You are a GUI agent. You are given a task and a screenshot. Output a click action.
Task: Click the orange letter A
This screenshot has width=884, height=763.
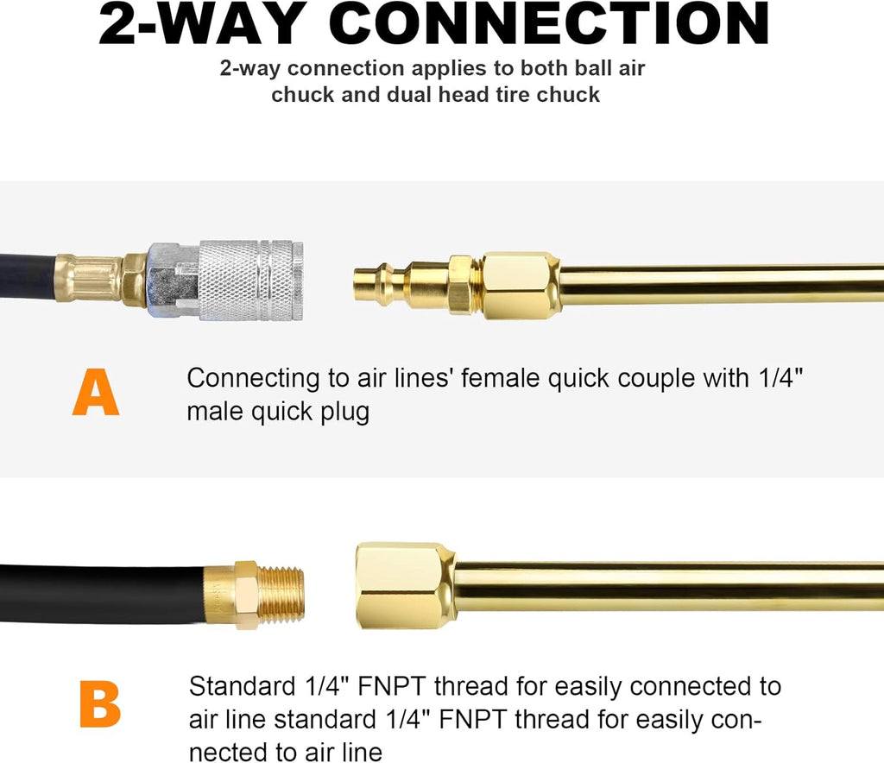(x=95, y=394)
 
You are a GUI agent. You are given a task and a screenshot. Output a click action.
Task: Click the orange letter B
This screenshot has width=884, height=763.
(x=99, y=704)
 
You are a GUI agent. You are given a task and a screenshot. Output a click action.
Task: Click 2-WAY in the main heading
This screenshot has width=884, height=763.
(x=203, y=26)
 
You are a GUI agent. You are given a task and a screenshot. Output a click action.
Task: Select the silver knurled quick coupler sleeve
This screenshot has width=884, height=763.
(x=250, y=281)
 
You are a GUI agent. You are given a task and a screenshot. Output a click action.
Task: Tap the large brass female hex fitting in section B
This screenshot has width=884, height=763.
(x=404, y=585)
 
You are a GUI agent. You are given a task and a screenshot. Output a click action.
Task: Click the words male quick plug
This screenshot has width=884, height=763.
(x=278, y=411)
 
